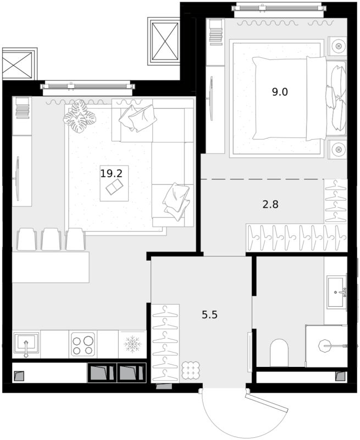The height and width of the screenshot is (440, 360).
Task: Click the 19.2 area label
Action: pos(112,173)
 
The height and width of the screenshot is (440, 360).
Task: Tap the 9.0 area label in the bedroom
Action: pos(280,92)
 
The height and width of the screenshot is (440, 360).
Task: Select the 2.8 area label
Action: pos(270,204)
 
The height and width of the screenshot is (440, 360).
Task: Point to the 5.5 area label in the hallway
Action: pos(210,315)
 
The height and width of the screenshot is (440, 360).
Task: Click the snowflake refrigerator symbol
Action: pos(132,344)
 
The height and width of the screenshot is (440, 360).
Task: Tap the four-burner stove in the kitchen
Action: pos(83,344)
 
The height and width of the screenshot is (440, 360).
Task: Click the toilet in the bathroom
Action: pos(279,353)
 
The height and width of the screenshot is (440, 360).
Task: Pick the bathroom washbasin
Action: pos(337,292)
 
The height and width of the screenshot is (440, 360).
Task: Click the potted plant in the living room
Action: pos(79,116)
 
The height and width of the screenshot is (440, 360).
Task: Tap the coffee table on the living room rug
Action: pos(114,183)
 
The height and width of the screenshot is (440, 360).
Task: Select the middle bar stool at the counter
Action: pos(51,239)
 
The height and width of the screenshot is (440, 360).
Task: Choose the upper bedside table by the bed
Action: pos(337,46)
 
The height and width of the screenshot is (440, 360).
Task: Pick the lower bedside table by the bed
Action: pos(337,149)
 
